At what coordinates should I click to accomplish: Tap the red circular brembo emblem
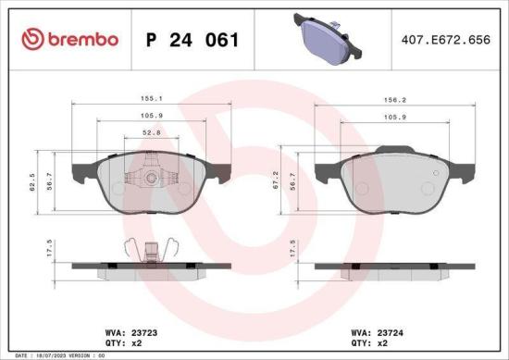[31, 39]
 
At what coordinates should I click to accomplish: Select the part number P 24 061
[192, 40]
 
